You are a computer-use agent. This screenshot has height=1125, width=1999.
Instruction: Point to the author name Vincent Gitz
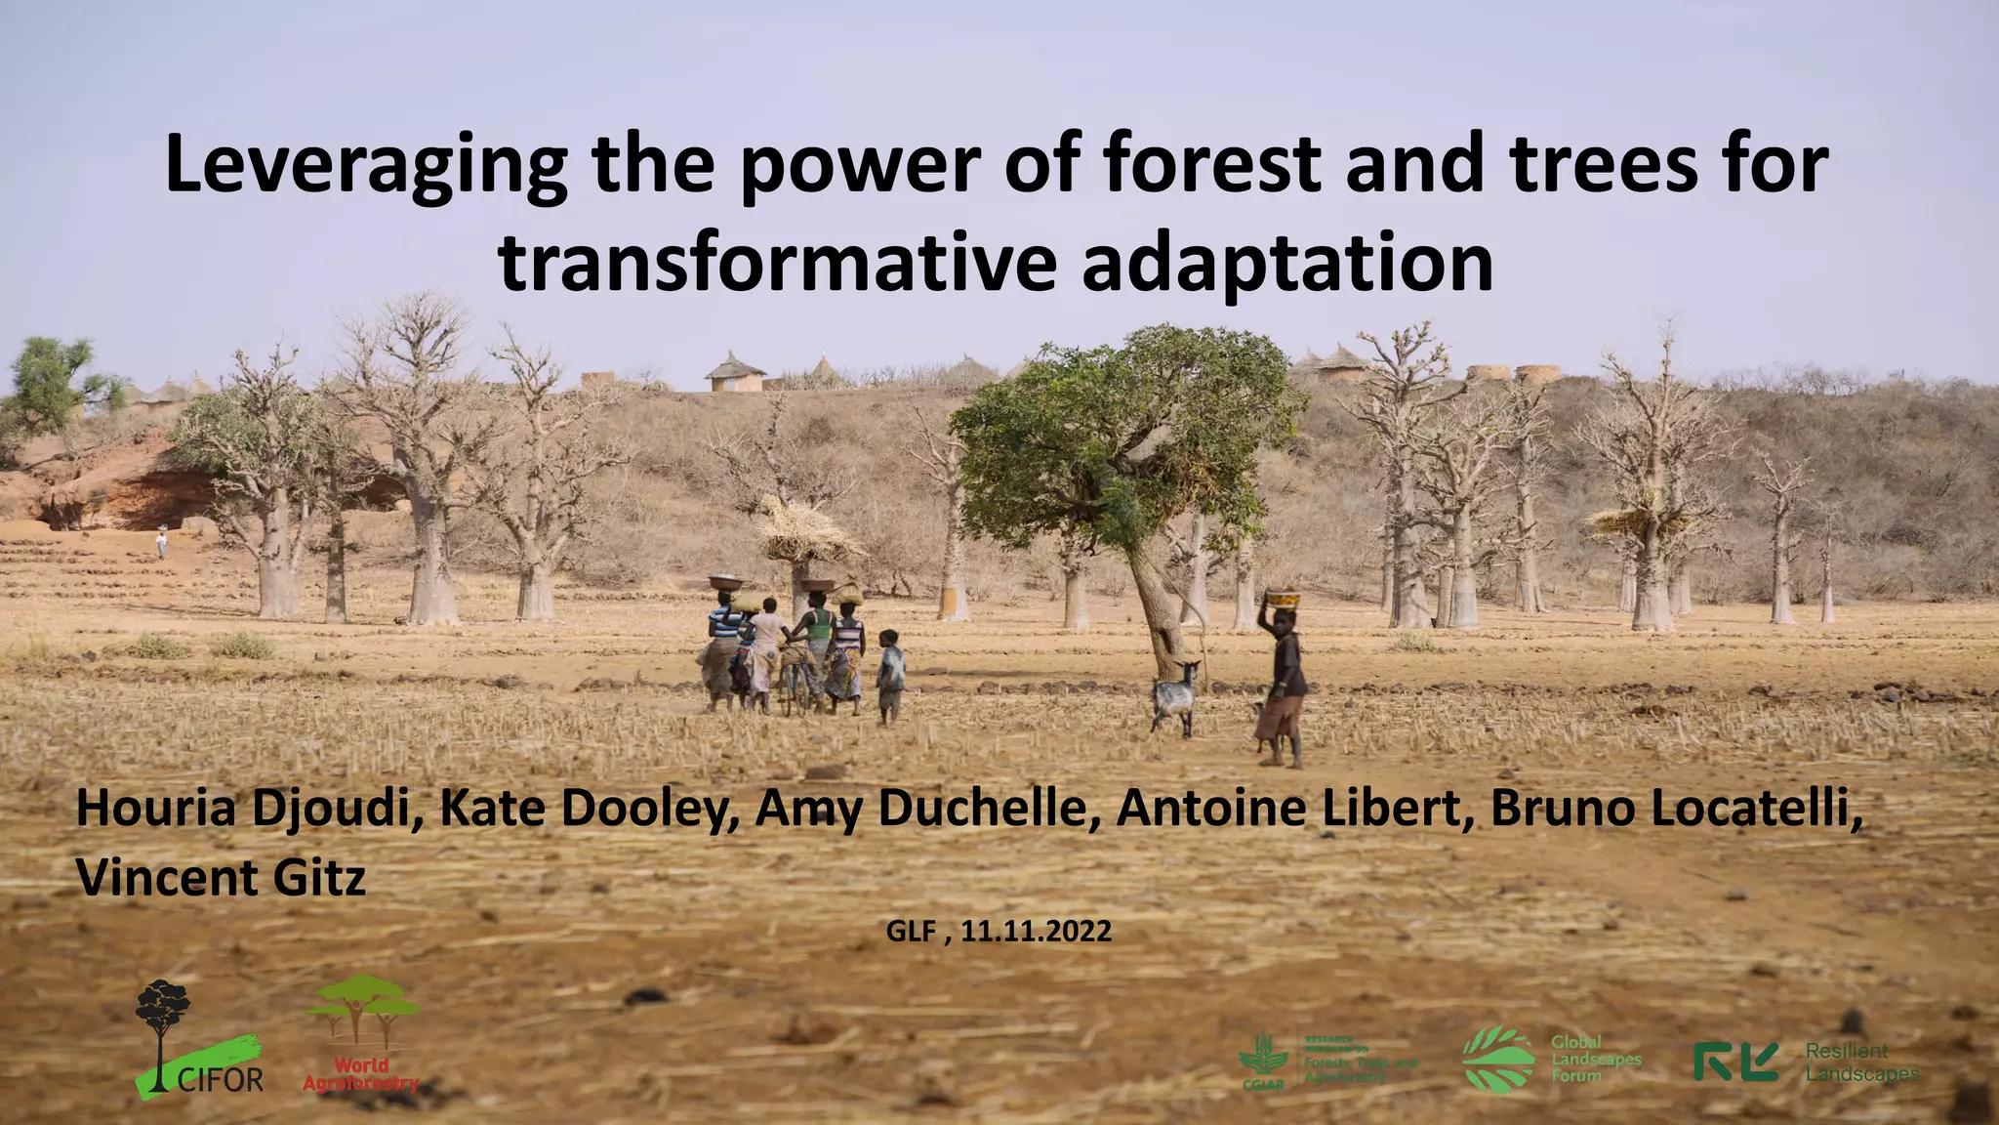click(221, 878)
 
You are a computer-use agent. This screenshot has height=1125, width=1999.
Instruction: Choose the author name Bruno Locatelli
click(1675, 810)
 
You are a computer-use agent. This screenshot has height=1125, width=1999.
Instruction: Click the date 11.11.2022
click(1036, 931)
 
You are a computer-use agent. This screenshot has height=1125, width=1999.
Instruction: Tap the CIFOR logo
click(199, 1040)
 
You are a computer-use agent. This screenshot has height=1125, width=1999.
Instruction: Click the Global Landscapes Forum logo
click(1551, 1059)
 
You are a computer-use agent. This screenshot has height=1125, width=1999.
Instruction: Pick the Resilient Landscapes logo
click(1806, 1062)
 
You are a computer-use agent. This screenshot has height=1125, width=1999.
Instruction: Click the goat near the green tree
click(1176, 694)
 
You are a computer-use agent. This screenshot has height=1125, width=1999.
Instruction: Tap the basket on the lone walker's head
click(1283, 598)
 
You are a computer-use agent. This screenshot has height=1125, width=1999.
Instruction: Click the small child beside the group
click(889, 676)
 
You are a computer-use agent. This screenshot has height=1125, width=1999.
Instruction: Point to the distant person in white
click(162, 542)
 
